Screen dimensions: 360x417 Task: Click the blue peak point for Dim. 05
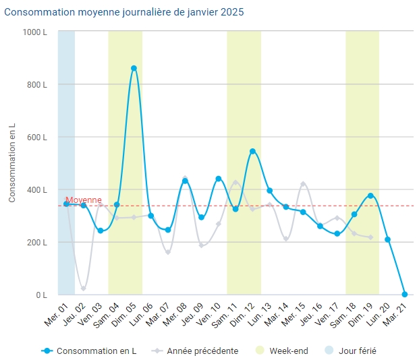pos(134,68)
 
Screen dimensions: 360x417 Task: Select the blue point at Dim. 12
pos(252,152)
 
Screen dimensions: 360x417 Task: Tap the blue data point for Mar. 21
pos(405,294)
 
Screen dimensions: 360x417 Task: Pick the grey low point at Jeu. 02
pos(84,289)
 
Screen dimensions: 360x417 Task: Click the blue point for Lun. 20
pos(387,239)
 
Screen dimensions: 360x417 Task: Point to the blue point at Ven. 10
pos(219,179)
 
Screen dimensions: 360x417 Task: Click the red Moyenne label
pos(84,200)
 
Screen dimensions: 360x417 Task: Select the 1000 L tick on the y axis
pos(34,32)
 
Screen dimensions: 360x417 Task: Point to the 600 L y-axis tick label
pos(36,137)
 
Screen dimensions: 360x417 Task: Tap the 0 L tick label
pos(41,295)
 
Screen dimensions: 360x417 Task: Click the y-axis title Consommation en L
pos(12,163)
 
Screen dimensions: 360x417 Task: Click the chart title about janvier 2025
pos(125,12)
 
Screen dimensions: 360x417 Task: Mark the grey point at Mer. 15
pos(303,184)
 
